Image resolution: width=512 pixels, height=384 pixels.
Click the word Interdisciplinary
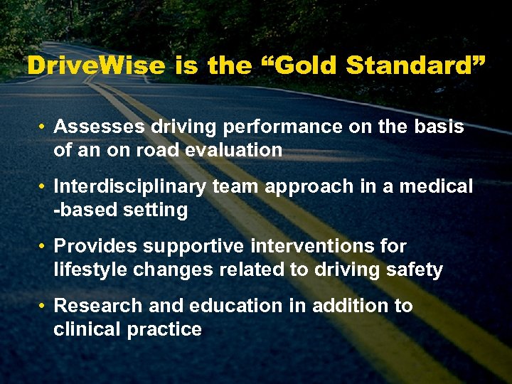[x=130, y=187]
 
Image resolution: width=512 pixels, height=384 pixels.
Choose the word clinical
[x=89, y=329]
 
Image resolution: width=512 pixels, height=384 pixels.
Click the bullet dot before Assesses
[x=43, y=127]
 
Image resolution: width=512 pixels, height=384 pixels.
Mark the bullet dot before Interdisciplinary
[x=43, y=187]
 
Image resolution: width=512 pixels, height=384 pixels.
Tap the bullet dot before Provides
[x=43, y=247]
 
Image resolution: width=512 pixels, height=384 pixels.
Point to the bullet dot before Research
[x=43, y=306]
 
